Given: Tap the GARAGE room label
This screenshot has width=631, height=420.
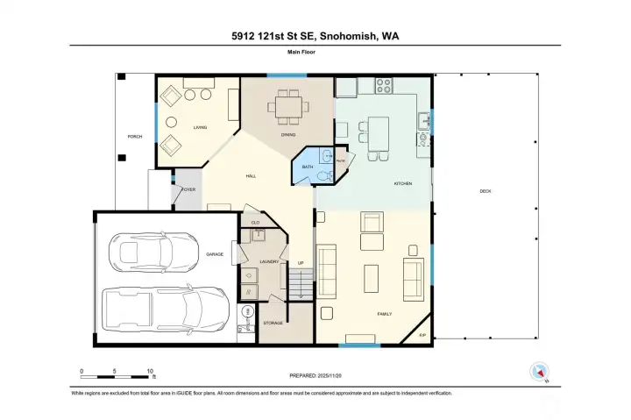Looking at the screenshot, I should [x=214, y=254].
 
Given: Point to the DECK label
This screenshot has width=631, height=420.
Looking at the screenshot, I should [x=485, y=192].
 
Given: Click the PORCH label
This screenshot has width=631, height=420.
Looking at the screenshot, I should [x=134, y=137].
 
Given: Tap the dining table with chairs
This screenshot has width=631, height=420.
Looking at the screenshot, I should [x=287, y=109].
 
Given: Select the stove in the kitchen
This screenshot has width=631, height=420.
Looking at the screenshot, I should [x=383, y=86].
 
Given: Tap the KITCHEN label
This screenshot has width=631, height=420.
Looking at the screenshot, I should [x=402, y=183].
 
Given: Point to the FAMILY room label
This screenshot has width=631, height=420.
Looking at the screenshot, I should [x=384, y=313].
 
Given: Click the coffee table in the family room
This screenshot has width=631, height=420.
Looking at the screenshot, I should [x=372, y=279].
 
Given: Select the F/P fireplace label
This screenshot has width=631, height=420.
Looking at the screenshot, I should [x=422, y=336].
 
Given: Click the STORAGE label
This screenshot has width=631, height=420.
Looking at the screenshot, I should [x=272, y=324].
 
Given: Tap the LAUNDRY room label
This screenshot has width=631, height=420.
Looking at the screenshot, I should [x=268, y=261].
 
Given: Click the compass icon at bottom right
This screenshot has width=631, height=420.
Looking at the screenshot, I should [x=537, y=372].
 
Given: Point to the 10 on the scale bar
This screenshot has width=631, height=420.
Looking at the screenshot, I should [x=150, y=370].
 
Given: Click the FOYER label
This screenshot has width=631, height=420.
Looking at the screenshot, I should [x=188, y=189].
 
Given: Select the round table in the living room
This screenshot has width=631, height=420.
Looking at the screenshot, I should [x=170, y=123].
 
